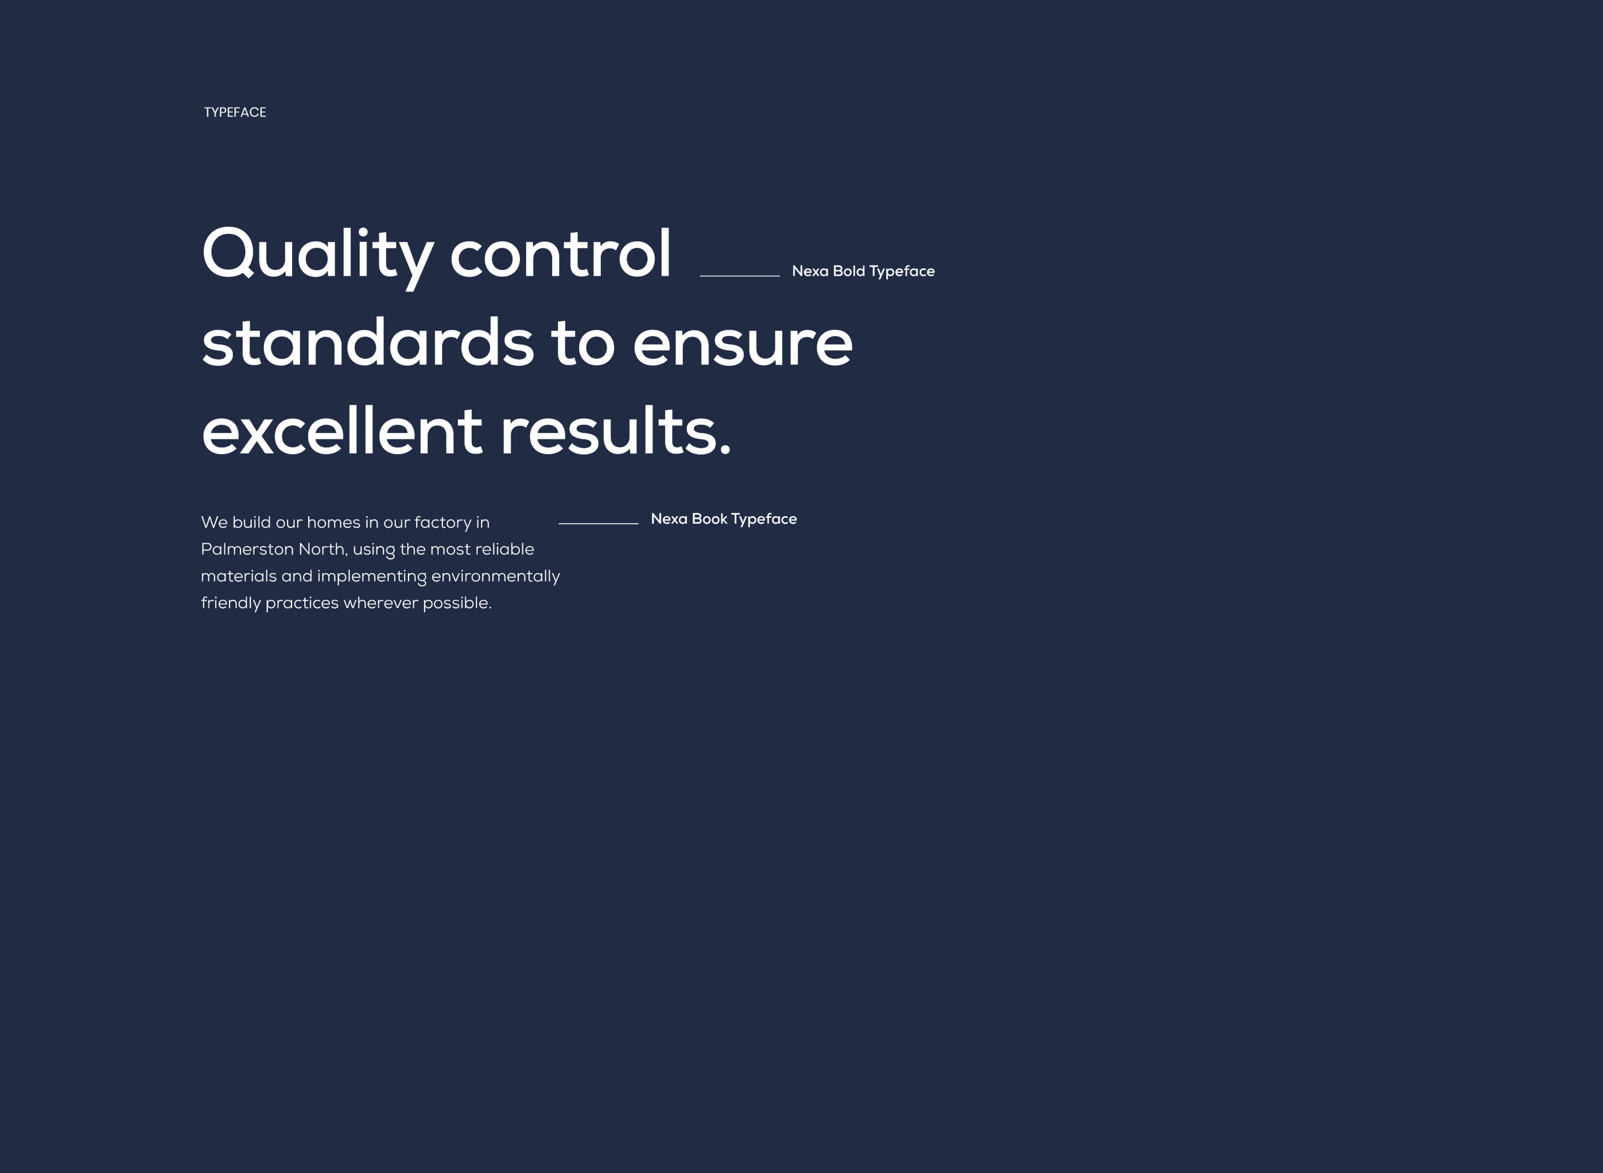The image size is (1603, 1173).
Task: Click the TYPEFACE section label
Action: [x=235, y=112]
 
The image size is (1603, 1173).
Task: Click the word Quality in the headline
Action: [x=318, y=256]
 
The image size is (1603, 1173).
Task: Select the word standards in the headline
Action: [x=367, y=343]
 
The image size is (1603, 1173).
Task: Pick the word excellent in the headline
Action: [x=342, y=431]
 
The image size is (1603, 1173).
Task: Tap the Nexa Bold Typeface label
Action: [x=863, y=271]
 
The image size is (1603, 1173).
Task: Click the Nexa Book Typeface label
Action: [x=724, y=519]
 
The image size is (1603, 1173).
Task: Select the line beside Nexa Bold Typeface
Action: [x=740, y=276]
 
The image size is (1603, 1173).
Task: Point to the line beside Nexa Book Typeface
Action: [x=599, y=523]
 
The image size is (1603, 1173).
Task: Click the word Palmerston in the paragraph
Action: [x=247, y=549]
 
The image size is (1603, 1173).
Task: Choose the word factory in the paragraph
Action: [x=443, y=523]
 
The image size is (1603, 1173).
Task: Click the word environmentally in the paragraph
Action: [x=496, y=577]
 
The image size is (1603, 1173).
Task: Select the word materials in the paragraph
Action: [x=238, y=577]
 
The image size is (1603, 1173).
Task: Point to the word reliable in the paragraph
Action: [x=505, y=549]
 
